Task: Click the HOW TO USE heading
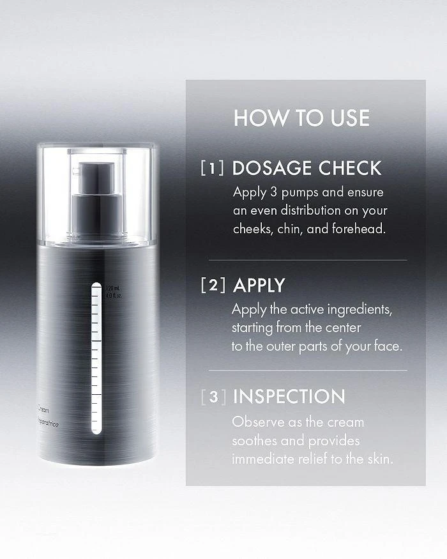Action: click(x=301, y=118)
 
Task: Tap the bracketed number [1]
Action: click(x=212, y=169)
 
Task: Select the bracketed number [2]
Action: click(x=212, y=285)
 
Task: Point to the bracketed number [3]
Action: click(x=213, y=397)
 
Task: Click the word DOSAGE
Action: click(x=271, y=168)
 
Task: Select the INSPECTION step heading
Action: click(x=289, y=397)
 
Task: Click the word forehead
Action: click(x=361, y=229)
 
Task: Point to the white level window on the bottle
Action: click(x=96, y=358)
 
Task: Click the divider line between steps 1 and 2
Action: click(x=307, y=260)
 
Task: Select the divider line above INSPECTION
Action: click(x=307, y=371)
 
